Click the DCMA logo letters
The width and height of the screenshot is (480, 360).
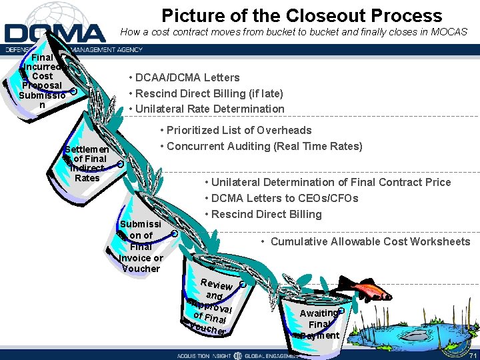[x=55, y=33]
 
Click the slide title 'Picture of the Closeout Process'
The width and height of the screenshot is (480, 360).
[x=301, y=15]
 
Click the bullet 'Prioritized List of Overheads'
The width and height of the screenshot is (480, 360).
[x=236, y=130]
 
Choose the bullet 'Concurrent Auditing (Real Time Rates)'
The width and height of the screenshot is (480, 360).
[x=261, y=146]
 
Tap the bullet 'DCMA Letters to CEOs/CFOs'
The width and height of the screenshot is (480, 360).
[x=285, y=198]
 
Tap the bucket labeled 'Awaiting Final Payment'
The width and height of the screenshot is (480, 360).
[x=319, y=323]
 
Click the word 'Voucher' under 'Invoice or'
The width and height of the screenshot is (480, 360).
[x=141, y=269]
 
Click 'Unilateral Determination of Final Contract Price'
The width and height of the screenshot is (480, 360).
[x=331, y=182]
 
